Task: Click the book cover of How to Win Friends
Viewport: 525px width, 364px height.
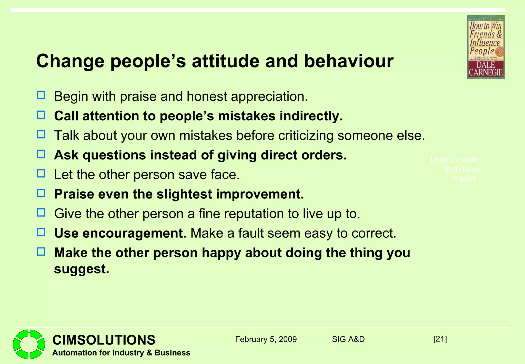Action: coord(486,47)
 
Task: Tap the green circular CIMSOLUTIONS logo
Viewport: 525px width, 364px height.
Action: coord(29,344)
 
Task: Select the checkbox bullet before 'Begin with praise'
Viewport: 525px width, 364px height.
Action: coord(41,95)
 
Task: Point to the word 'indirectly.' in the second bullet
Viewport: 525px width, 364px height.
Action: coord(311,116)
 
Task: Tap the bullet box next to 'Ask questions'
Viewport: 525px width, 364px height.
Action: coord(41,154)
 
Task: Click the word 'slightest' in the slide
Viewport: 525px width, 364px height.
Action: coord(184,194)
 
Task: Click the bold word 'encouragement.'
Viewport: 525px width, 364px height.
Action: coord(134,233)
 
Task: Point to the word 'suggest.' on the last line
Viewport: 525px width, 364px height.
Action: coord(82,269)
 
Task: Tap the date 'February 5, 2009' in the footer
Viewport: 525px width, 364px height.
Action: coord(266,339)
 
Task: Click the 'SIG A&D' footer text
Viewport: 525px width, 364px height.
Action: coord(348,339)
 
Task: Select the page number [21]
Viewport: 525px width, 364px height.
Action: coord(440,339)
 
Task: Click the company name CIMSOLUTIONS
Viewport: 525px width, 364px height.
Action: coord(104,340)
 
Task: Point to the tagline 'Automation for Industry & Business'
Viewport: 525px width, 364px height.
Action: coord(121,353)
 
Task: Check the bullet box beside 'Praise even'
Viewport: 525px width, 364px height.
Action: coord(41,193)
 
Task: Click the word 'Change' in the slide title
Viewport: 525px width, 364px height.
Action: coord(70,61)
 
